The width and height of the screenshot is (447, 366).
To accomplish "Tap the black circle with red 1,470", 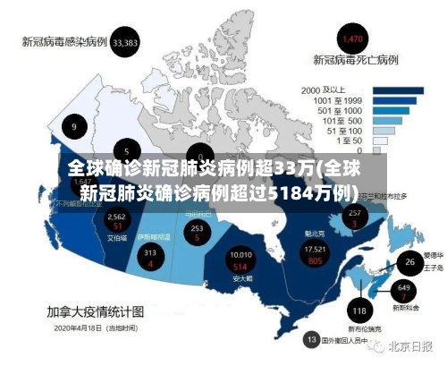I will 353,39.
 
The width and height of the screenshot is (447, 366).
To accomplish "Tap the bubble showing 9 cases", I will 74,127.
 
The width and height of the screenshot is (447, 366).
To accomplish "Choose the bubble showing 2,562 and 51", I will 116,221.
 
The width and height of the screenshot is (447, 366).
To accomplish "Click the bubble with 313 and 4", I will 149,258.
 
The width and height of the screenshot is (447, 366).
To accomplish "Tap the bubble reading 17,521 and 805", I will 315,254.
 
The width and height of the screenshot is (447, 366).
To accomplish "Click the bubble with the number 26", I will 409,262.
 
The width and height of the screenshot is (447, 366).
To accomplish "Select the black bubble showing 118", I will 359,311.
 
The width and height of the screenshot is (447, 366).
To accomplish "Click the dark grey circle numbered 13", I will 311,340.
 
